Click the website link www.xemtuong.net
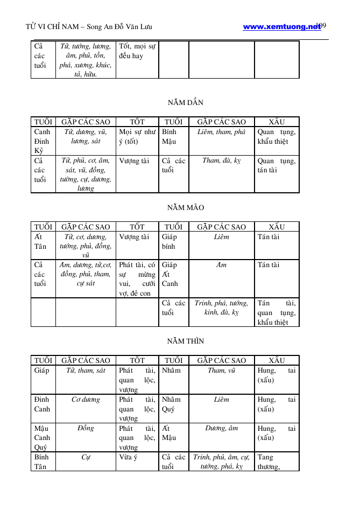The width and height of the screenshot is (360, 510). (281, 26)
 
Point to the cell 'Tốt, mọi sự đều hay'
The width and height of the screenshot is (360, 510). (137, 51)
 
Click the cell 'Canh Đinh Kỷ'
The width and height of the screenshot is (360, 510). (43, 141)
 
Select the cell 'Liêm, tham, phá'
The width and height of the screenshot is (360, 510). (221, 132)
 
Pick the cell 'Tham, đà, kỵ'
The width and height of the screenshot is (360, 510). (221, 160)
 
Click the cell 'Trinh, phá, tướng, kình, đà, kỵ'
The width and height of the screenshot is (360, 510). (221, 308)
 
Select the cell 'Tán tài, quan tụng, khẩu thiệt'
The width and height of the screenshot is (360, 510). (276, 312)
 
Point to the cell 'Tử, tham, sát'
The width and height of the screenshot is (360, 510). (86, 371)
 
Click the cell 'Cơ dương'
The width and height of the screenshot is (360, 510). (86, 400)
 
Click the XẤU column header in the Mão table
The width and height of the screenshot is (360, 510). (276, 227)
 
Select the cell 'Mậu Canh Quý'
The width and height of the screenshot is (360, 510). (43, 437)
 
